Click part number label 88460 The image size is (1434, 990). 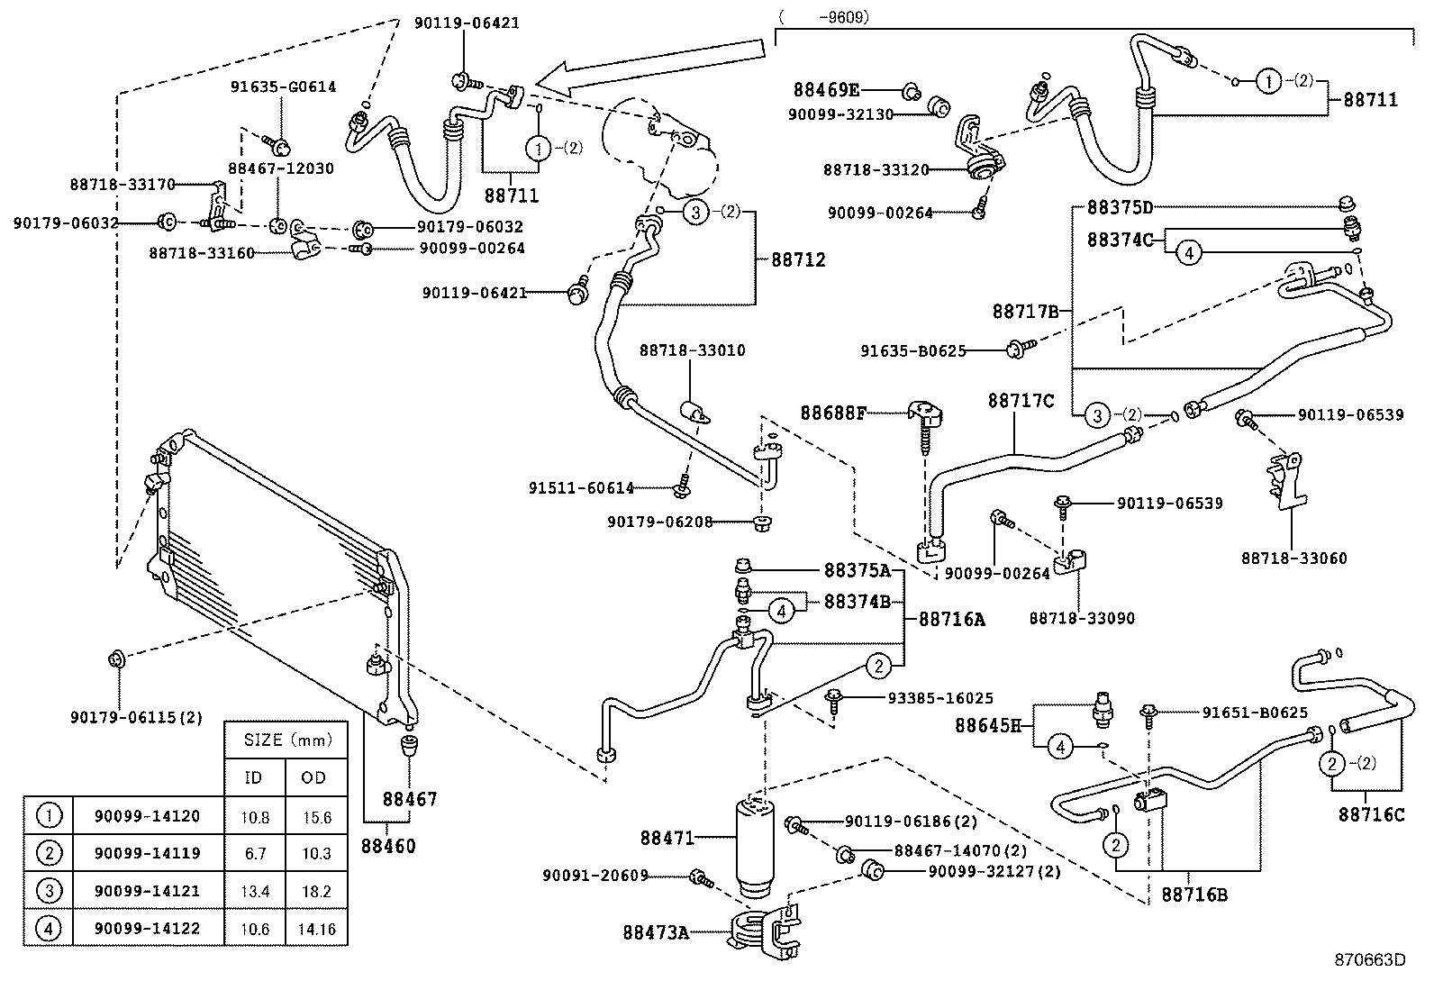(388, 846)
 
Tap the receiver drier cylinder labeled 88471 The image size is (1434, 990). (754, 847)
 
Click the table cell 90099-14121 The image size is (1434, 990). (147, 891)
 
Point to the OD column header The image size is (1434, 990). (313, 777)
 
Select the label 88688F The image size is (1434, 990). (833, 413)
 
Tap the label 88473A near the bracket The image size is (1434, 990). (655, 932)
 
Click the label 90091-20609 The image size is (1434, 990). (594, 876)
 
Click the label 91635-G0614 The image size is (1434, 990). (283, 87)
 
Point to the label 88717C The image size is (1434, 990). (1020, 400)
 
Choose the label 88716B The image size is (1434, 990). (1193, 895)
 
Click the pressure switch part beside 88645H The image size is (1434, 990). (1101, 708)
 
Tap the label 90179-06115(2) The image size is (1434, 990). (135, 718)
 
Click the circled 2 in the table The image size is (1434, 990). (49, 853)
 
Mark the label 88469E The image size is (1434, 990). (826, 90)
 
